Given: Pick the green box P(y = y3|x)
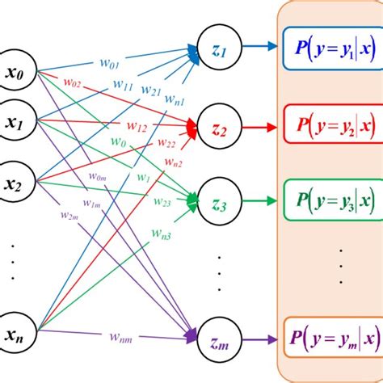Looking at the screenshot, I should (x=331, y=198).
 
